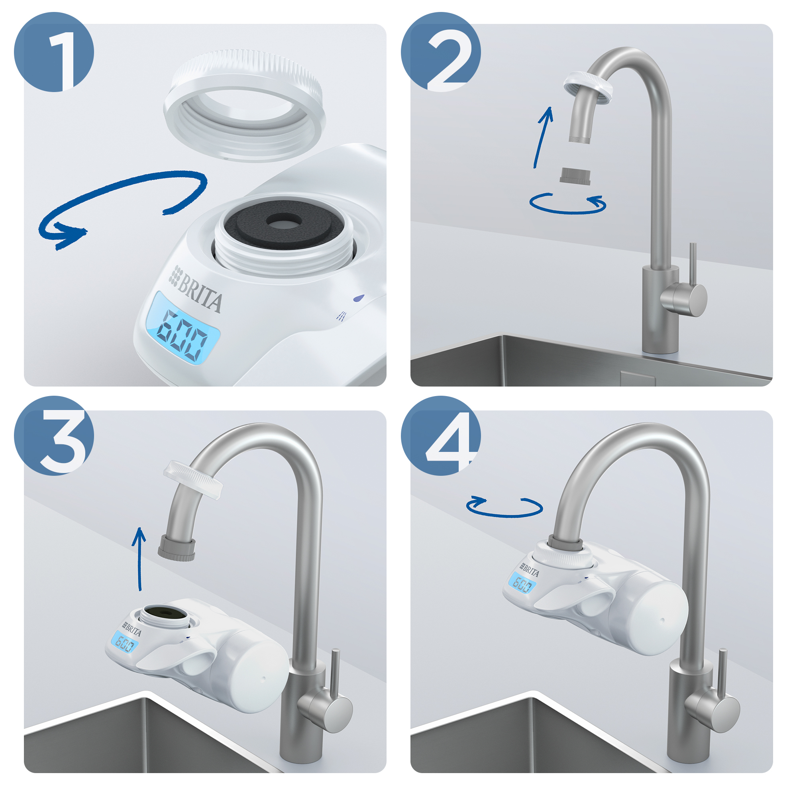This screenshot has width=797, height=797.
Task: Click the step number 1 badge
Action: pos(54,52)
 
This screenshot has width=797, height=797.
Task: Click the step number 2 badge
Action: pos(440,52)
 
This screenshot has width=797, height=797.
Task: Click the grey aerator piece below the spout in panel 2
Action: pos(575,176)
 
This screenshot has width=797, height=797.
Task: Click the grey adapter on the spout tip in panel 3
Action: pos(177,548)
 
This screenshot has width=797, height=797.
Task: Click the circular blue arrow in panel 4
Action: pos(504,507)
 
